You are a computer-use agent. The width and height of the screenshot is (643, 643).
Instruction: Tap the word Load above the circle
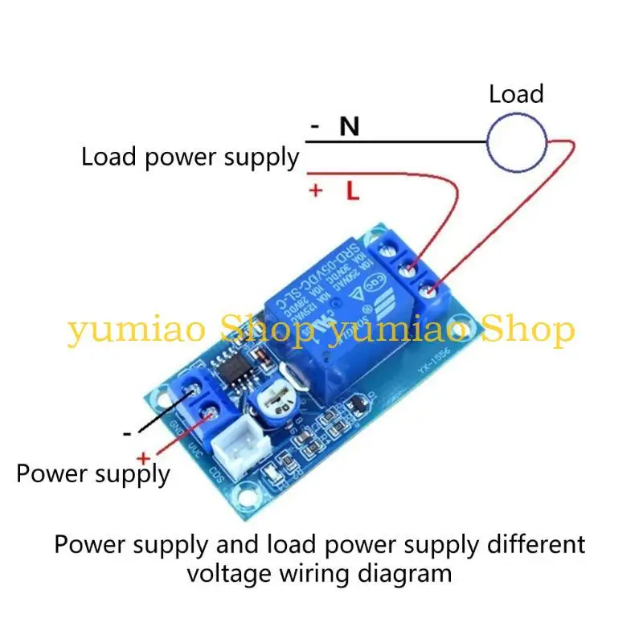click(516, 94)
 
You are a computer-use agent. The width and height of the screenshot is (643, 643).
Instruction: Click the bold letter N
click(349, 126)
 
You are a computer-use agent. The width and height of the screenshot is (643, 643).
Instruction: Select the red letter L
click(351, 191)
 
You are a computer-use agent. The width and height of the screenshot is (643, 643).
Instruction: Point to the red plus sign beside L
click(316, 191)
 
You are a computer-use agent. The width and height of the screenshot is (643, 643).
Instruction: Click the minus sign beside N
click(315, 127)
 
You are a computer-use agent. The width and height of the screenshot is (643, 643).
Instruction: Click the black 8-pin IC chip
click(234, 371)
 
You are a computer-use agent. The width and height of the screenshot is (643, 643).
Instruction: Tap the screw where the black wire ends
click(192, 392)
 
